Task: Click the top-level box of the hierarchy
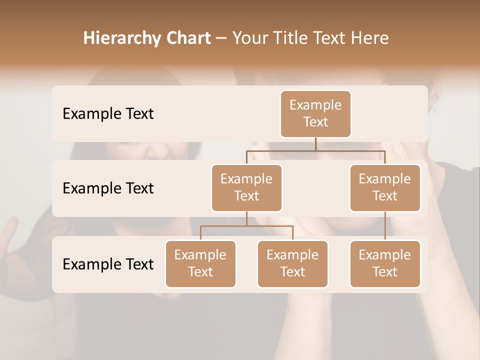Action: click(x=315, y=114)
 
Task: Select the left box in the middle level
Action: click(x=246, y=188)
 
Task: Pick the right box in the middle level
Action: click(x=385, y=188)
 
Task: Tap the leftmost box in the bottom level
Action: click(x=200, y=264)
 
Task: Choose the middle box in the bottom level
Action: click(x=292, y=264)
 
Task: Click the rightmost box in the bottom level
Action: click(x=385, y=264)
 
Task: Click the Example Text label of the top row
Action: click(x=108, y=114)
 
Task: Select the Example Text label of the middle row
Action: click(x=108, y=188)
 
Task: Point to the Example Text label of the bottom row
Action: click(x=108, y=264)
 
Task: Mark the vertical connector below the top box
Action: click(x=315, y=144)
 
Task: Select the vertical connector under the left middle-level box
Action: click(x=246, y=218)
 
